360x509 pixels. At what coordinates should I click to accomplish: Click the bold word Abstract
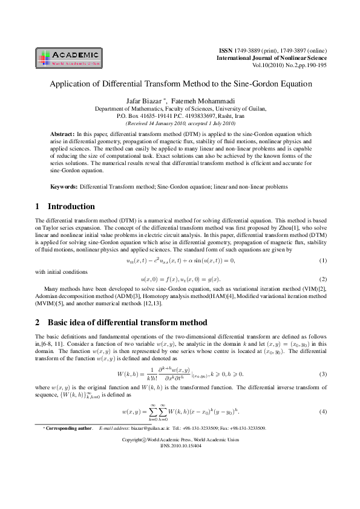point(62,132)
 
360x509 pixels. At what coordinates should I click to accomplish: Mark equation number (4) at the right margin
point(322,412)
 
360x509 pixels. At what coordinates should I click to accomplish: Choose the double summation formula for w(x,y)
point(180,411)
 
